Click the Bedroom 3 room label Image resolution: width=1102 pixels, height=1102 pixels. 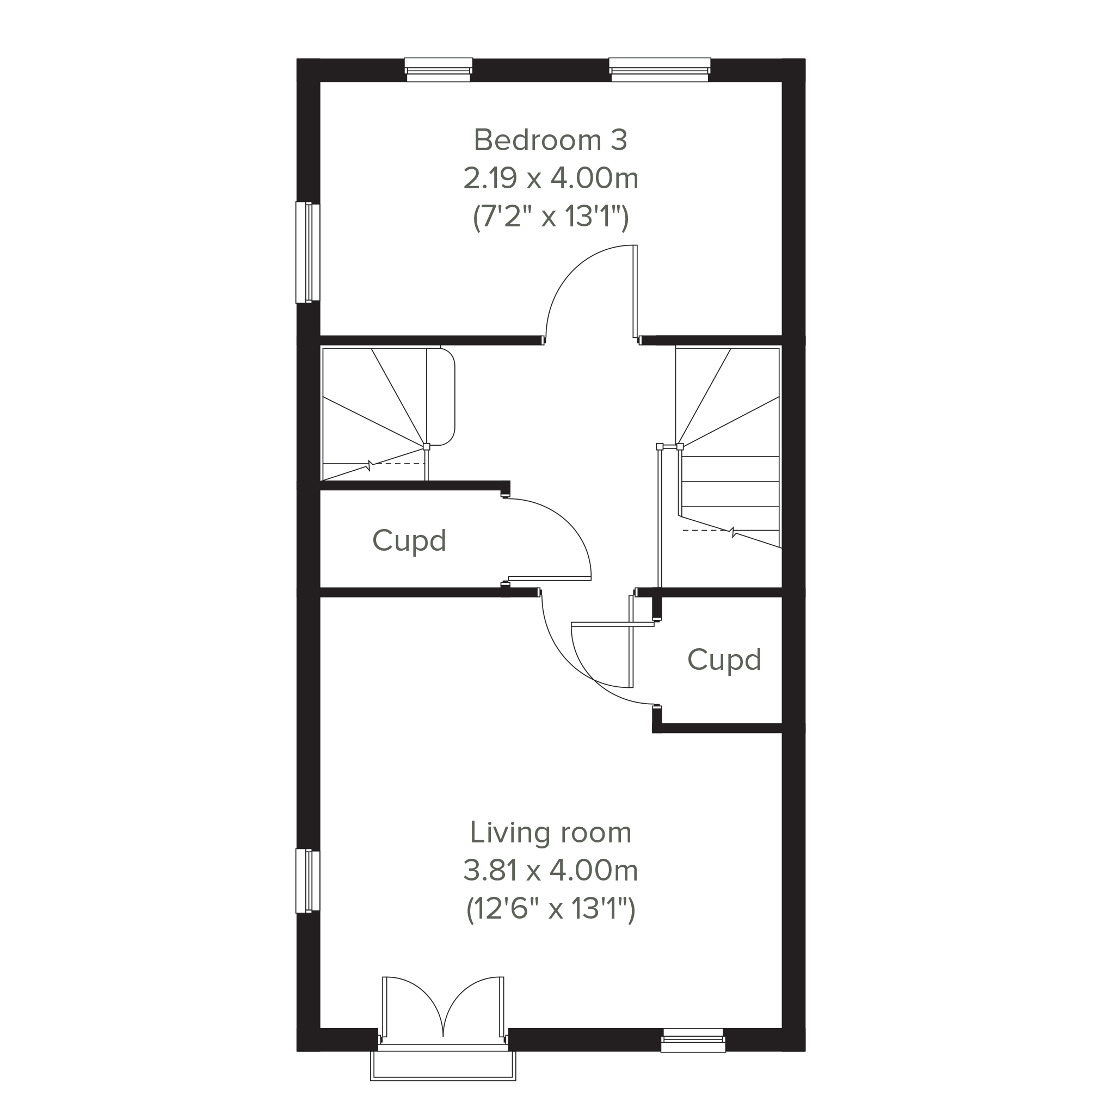[x=550, y=140]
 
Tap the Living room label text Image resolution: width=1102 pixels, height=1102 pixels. [x=550, y=833]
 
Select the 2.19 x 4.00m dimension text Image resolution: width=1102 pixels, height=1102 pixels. [x=550, y=179]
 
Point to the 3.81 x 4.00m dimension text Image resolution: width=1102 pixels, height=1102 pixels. [x=550, y=871]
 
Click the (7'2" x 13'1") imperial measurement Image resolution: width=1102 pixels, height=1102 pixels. [x=550, y=217]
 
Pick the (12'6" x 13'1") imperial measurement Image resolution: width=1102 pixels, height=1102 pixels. [x=550, y=909]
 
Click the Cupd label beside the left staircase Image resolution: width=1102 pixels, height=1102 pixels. [x=409, y=541]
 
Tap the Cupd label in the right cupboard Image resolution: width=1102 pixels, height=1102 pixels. [x=724, y=660]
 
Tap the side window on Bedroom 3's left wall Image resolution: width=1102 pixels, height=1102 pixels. [x=308, y=251]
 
